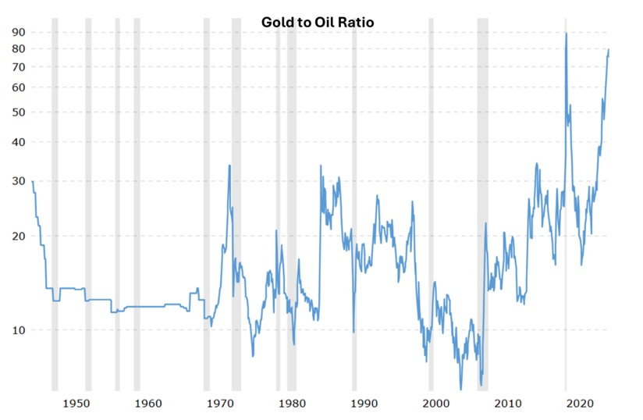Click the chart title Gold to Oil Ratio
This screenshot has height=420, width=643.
[x=317, y=22]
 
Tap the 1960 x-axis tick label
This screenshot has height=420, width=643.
[x=147, y=404]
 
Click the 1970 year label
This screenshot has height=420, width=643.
[x=220, y=404]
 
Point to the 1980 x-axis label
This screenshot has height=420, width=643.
[x=292, y=404]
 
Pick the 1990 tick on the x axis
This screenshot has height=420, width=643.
[x=364, y=404]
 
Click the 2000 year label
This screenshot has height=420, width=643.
[x=436, y=404]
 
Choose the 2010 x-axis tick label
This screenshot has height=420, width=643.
[x=508, y=404]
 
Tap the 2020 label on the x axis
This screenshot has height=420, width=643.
[x=580, y=404]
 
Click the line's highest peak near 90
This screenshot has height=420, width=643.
[x=566, y=33]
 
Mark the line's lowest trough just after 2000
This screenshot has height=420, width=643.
[x=460, y=388]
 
